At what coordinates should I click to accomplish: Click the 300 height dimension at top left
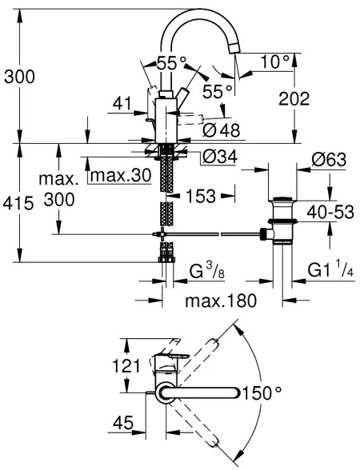click(x=20, y=77)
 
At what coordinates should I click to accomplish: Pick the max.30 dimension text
click(x=120, y=175)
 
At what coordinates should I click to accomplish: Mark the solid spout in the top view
click(x=204, y=392)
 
